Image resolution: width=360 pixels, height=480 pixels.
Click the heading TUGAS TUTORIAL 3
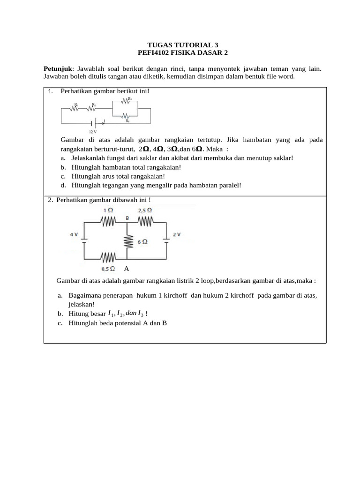click(180, 45)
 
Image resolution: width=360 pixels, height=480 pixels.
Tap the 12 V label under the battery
click(92, 132)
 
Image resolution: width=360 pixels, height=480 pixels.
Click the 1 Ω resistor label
click(108, 211)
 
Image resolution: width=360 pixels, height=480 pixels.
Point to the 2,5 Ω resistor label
click(145, 211)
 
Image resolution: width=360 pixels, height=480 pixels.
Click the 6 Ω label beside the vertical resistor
click(142, 242)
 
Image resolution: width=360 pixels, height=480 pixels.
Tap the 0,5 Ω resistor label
click(108, 269)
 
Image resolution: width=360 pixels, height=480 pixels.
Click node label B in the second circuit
click(127, 218)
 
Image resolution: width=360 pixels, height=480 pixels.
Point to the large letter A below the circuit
click(127, 269)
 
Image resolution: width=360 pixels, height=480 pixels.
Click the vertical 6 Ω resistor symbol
click(127, 242)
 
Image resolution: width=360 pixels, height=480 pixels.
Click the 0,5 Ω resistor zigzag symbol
click(108, 258)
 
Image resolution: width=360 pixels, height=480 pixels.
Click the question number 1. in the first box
click(50, 91)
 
